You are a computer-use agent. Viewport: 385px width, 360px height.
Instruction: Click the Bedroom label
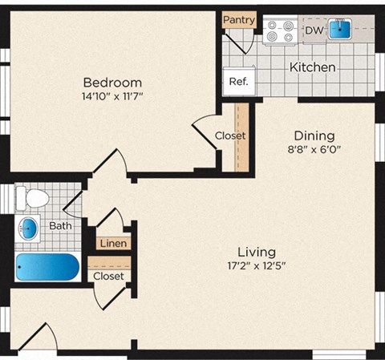click(x=113, y=82)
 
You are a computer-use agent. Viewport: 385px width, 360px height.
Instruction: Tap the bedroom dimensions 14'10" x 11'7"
click(x=113, y=96)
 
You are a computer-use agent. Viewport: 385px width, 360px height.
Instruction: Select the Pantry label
click(x=239, y=19)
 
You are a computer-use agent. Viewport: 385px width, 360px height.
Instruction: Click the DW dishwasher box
click(x=314, y=30)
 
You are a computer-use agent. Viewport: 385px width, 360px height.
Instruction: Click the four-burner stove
click(x=282, y=31)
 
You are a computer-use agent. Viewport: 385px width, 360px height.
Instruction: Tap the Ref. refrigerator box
click(x=238, y=81)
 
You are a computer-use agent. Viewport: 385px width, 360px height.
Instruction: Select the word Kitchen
click(x=312, y=67)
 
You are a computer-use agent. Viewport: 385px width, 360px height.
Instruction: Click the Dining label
click(x=314, y=135)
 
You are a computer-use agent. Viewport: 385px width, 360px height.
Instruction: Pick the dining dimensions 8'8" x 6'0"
click(x=314, y=149)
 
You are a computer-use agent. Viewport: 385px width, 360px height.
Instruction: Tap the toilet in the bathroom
click(x=33, y=196)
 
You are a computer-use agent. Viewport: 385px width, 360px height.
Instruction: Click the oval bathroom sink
click(x=30, y=227)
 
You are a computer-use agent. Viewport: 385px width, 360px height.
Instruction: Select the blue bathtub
click(x=47, y=267)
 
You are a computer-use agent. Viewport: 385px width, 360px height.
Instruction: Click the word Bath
click(x=60, y=226)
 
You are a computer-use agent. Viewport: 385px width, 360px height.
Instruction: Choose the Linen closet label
click(x=112, y=243)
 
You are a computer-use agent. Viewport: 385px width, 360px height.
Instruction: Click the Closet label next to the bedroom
click(x=230, y=136)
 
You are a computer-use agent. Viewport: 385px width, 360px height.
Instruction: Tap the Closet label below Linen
click(x=108, y=276)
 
